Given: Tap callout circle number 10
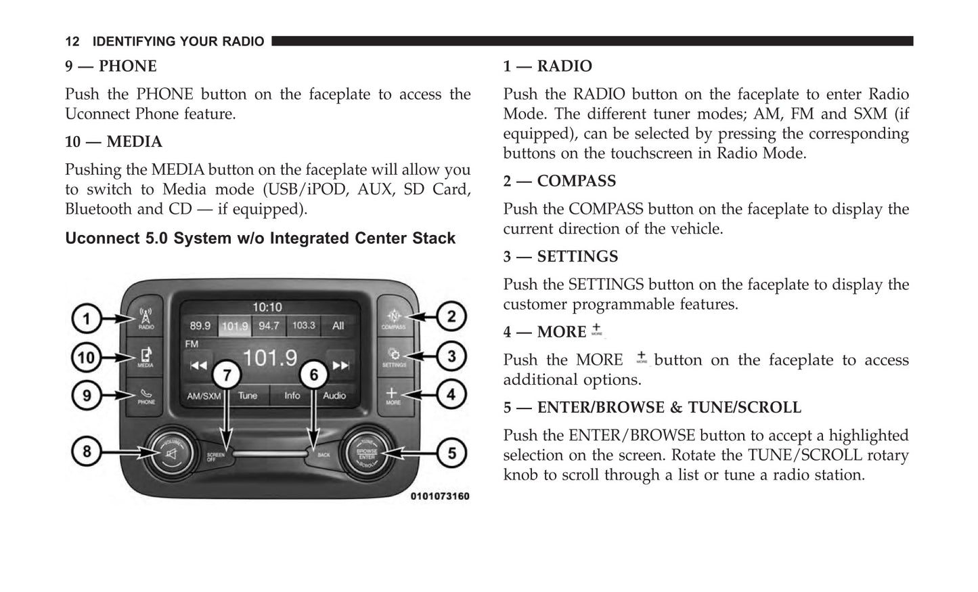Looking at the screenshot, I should [x=87, y=357].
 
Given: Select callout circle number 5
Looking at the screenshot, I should [x=451, y=452].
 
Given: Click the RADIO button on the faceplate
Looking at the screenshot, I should [x=146, y=318].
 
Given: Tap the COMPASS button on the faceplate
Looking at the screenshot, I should [x=393, y=318].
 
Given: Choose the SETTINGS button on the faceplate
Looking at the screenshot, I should [x=393, y=357].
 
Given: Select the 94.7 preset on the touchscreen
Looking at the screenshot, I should [x=269, y=326].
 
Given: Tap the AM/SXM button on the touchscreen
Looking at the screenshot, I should [x=203, y=396].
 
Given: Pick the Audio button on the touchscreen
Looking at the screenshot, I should [x=334, y=396].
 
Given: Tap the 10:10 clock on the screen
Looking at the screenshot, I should [x=267, y=308].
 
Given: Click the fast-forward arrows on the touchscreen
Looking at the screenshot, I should [x=340, y=365].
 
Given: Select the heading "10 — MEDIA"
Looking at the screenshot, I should [x=114, y=142].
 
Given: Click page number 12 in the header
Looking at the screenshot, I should [x=72, y=42].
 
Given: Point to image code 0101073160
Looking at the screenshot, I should [x=439, y=496].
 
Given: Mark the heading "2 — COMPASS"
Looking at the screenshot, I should [x=559, y=182].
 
